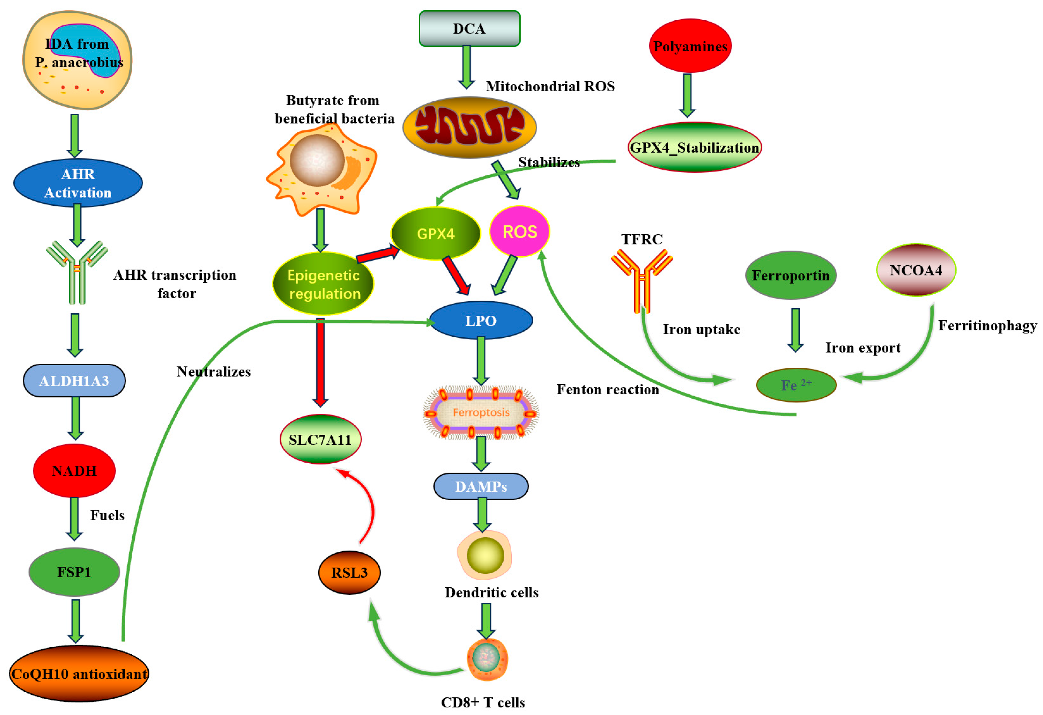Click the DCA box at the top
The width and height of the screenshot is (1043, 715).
pyautogui.click(x=469, y=29)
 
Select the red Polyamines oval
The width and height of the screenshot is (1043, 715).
pyautogui.click(x=690, y=46)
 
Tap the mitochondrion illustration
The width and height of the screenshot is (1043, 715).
pyautogui.click(x=469, y=127)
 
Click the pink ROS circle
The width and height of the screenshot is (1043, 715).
pyautogui.click(x=519, y=231)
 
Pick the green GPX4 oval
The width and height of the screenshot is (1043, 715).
pyautogui.click(x=435, y=233)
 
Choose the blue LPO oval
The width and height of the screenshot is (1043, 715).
pyautogui.click(x=481, y=320)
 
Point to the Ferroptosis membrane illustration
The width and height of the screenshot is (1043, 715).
pyautogui.click(x=481, y=412)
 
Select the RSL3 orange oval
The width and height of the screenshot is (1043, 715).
pyautogui.click(x=349, y=573)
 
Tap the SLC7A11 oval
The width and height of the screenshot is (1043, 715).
pyautogui.click(x=320, y=440)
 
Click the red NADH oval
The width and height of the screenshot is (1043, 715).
pyautogui.click(x=75, y=470)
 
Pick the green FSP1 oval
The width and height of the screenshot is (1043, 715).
pyautogui.click(x=75, y=572)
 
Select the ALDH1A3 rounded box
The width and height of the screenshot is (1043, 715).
pyautogui.click(x=75, y=381)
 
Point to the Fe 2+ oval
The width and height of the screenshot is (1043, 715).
pyautogui.click(x=796, y=385)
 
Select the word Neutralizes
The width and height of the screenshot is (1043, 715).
pyautogui.click(x=214, y=372)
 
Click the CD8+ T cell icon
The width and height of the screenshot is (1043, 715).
pyautogui.click(x=487, y=659)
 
